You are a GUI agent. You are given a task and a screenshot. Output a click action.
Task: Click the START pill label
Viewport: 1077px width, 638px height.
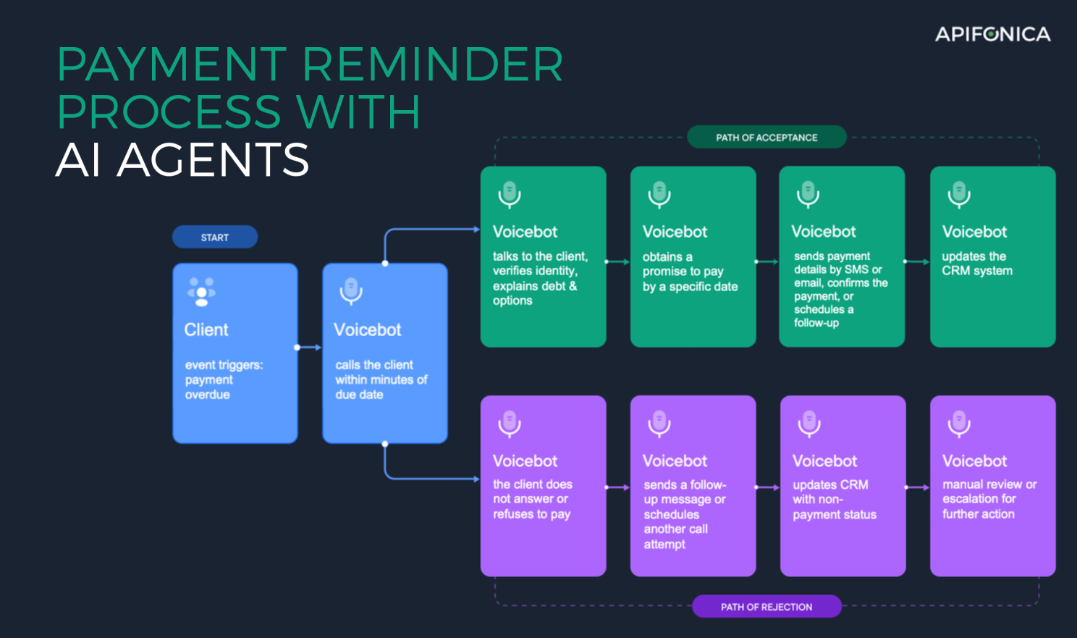pos(215,238)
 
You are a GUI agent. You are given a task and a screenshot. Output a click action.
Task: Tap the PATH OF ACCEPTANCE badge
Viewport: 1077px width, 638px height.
pos(766,138)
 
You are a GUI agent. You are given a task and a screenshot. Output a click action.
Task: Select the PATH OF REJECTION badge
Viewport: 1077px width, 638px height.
pos(766,607)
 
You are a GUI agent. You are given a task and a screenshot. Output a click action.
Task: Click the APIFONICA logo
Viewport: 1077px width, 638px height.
pos(993,34)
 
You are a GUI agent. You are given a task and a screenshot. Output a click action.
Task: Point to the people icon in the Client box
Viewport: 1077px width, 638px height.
pos(201,292)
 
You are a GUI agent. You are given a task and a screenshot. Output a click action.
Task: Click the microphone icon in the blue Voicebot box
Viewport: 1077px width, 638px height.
pos(351,291)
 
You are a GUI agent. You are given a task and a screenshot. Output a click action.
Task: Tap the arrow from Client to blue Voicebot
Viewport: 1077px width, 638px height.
pos(308,348)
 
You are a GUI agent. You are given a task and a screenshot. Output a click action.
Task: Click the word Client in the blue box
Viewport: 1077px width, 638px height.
pos(206,330)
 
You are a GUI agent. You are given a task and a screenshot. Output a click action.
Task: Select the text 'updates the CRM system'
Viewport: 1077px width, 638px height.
pos(977,264)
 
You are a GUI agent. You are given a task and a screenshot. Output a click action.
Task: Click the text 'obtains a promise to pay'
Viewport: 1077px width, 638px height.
pos(683,264)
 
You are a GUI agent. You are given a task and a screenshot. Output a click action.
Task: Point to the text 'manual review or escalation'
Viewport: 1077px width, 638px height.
pos(989,491)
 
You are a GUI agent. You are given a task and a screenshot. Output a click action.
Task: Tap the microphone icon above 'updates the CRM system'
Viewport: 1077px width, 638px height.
pos(959,195)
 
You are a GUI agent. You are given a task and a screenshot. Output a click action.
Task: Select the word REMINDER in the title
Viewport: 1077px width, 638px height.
pos(433,64)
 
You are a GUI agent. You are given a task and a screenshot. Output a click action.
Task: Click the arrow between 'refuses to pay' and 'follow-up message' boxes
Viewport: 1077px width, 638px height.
pos(618,487)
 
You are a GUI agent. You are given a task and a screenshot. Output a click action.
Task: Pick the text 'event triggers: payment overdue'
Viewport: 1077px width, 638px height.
pos(224,379)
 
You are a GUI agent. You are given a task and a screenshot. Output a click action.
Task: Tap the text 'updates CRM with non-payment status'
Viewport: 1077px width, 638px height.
pos(835,500)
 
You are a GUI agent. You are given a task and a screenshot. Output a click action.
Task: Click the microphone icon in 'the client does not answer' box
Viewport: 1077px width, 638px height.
pos(510,424)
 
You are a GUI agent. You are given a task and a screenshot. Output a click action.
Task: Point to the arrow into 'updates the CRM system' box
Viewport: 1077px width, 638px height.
pos(917,261)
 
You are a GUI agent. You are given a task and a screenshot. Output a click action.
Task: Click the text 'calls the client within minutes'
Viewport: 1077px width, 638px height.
pos(381,372)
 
